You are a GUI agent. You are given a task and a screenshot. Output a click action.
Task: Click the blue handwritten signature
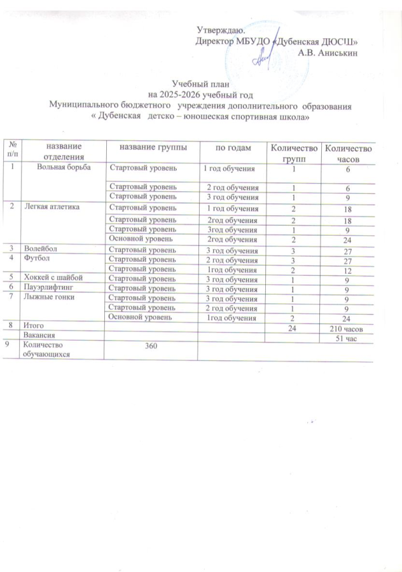(264, 56)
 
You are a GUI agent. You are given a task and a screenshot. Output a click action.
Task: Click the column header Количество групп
(293, 153)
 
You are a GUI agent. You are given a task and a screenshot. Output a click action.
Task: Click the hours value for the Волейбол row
(346, 252)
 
